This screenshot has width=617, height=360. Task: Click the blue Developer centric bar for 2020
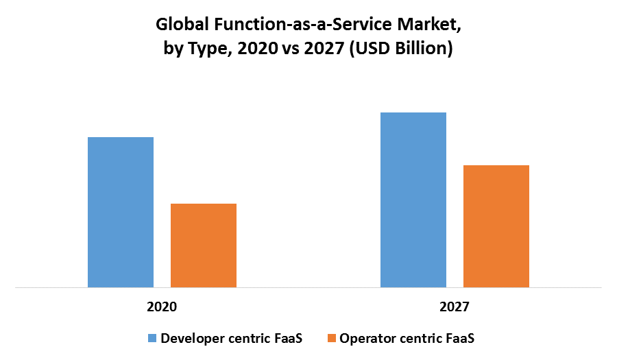[121, 212]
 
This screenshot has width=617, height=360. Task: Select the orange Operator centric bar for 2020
[204, 245]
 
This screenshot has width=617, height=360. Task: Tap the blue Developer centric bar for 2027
[413, 200]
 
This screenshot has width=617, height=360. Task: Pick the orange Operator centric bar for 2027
[496, 226]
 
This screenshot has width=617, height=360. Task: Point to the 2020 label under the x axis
[162, 307]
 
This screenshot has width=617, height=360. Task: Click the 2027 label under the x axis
[455, 307]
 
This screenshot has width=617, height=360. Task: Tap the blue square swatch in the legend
[153, 338]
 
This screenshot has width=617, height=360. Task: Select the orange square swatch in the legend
[332, 338]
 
